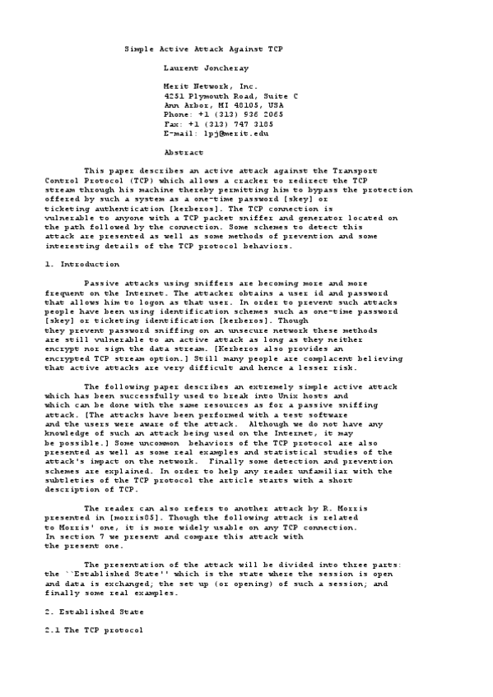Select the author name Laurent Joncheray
pos(207,67)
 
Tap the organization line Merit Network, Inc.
pos(211,85)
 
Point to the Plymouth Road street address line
pos(231,96)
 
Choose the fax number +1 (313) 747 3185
pos(239,123)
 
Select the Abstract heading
pos(184,152)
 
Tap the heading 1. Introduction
pos(81,264)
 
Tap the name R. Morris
pos(346,509)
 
